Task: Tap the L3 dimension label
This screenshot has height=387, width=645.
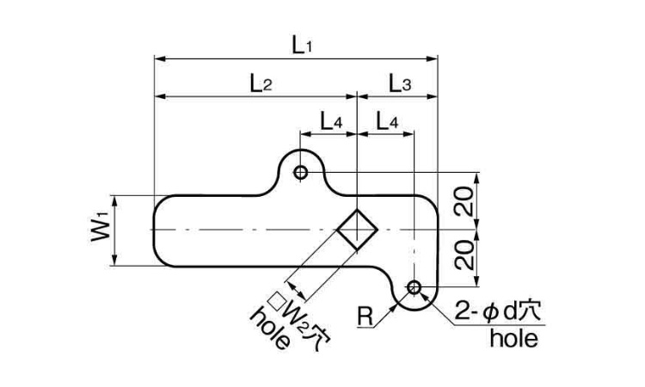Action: coord(399,83)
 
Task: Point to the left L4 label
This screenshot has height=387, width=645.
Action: coord(331,122)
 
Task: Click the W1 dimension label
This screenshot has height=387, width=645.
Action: coord(100,230)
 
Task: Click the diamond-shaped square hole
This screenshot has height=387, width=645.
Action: coord(356,230)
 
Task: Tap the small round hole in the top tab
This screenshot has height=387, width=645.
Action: coord(300,173)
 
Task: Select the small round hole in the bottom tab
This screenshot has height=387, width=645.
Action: coord(414,286)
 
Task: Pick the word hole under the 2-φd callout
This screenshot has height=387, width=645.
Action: coord(513,339)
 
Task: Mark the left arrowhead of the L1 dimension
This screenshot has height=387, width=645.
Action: coord(157,59)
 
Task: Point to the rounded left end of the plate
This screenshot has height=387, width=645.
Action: coord(157,230)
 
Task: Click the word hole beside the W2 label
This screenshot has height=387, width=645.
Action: coord(269,329)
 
